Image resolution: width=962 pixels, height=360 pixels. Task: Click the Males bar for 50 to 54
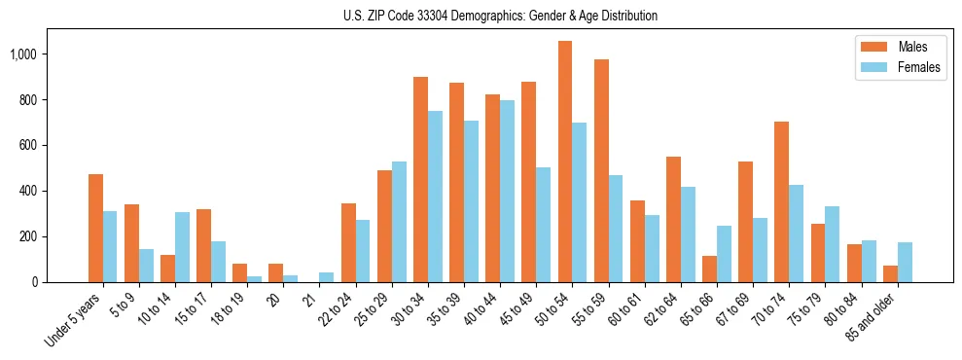pyautogui.click(x=565, y=162)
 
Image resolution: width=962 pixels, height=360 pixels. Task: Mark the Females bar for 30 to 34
pyautogui.click(x=435, y=197)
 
